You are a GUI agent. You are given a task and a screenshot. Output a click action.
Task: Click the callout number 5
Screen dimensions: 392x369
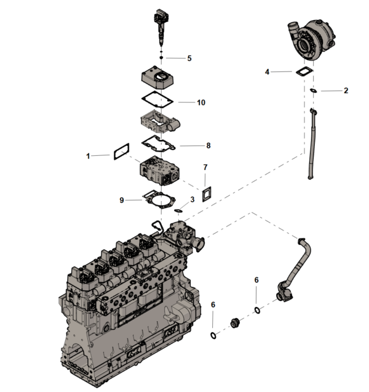tap(189, 59)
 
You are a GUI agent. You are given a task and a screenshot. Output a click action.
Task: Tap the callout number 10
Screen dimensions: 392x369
tap(200, 102)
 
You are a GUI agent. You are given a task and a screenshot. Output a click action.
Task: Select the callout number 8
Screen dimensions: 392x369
tap(208, 146)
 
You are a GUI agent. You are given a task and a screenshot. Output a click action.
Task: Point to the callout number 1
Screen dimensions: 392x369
tap(89, 157)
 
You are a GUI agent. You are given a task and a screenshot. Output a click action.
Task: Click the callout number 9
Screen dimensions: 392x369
tap(122, 200)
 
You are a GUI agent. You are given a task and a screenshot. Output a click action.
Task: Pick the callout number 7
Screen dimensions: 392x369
tap(205, 167)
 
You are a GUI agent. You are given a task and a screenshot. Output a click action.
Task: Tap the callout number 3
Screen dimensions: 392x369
tap(192, 200)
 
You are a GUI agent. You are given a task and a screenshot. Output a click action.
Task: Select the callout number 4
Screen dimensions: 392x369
tap(267, 72)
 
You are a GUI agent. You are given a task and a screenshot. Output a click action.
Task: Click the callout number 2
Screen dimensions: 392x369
tap(346, 91)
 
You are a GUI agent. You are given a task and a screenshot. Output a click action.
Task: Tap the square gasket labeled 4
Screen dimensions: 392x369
tap(302, 72)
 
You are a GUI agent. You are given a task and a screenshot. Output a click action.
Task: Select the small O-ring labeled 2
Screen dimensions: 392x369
tap(314, 91)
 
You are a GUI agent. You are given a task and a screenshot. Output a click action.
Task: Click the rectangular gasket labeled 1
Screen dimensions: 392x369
tap(119, 152)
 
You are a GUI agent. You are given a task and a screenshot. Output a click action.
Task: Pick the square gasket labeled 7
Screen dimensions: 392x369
tap(207, 192)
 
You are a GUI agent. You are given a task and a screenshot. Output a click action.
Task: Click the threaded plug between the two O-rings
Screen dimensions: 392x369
tap(234, 324)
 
